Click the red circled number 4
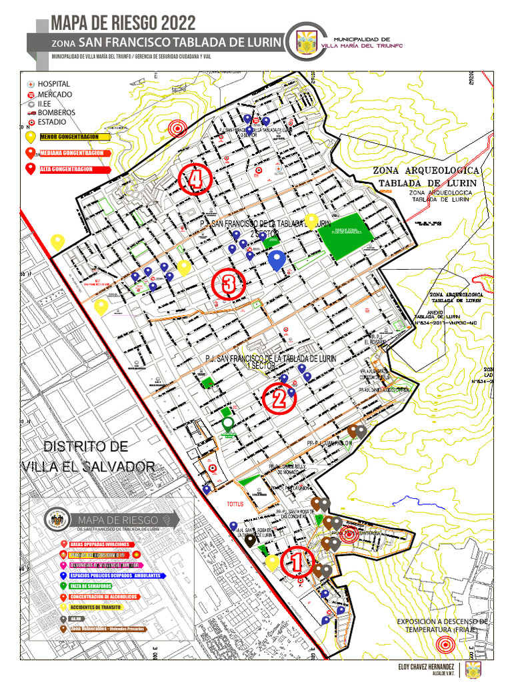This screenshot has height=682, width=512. [195, 178]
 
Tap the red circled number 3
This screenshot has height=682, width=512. [229, 285]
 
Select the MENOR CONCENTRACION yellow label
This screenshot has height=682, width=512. [73, 137]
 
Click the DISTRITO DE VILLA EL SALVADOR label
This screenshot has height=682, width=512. [87, 456]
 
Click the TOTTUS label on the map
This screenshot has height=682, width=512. [237, 504]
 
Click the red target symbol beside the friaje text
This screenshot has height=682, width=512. [445, 645]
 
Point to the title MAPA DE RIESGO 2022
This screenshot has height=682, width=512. [123, 23]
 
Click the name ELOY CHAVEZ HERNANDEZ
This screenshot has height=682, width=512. [426, 667]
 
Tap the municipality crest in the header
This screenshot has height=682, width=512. [307, 42]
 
